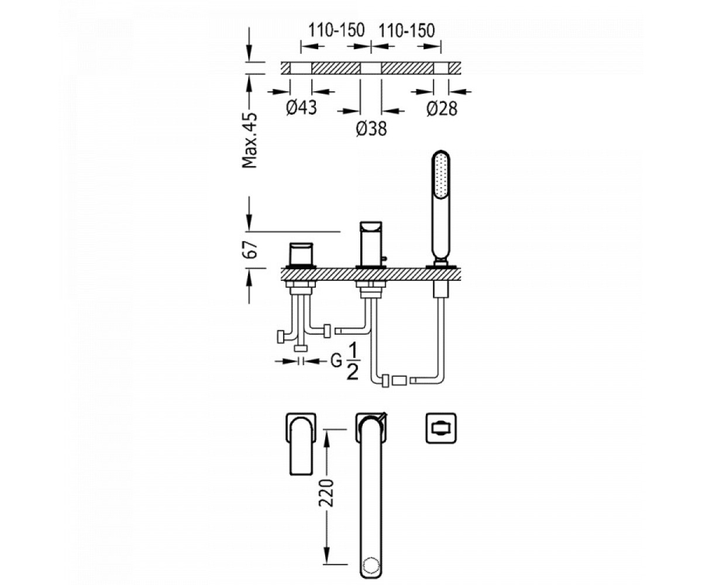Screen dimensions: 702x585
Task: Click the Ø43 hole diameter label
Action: [x=301, y=108]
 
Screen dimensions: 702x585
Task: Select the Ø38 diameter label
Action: [x=371, y=129]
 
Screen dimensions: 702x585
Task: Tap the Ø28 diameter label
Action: [x=442, y=109]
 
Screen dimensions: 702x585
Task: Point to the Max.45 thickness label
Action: [x=249, y=140]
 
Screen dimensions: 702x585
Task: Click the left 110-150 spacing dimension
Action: [x=336, y=30]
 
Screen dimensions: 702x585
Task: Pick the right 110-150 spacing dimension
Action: [x=407, y=30]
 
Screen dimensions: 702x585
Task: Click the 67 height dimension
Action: [x=250, y=249]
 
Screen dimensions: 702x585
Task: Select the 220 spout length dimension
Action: [x=326, y=493]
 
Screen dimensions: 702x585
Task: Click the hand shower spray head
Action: [x=441, y=175]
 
